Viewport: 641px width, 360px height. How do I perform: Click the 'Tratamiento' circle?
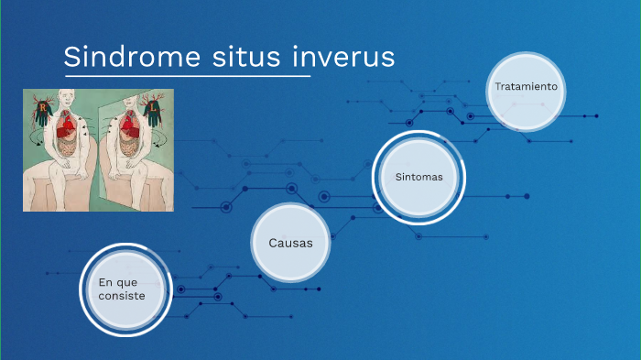tap(526, 87)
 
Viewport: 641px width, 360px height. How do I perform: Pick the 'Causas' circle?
tap(290, 243)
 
